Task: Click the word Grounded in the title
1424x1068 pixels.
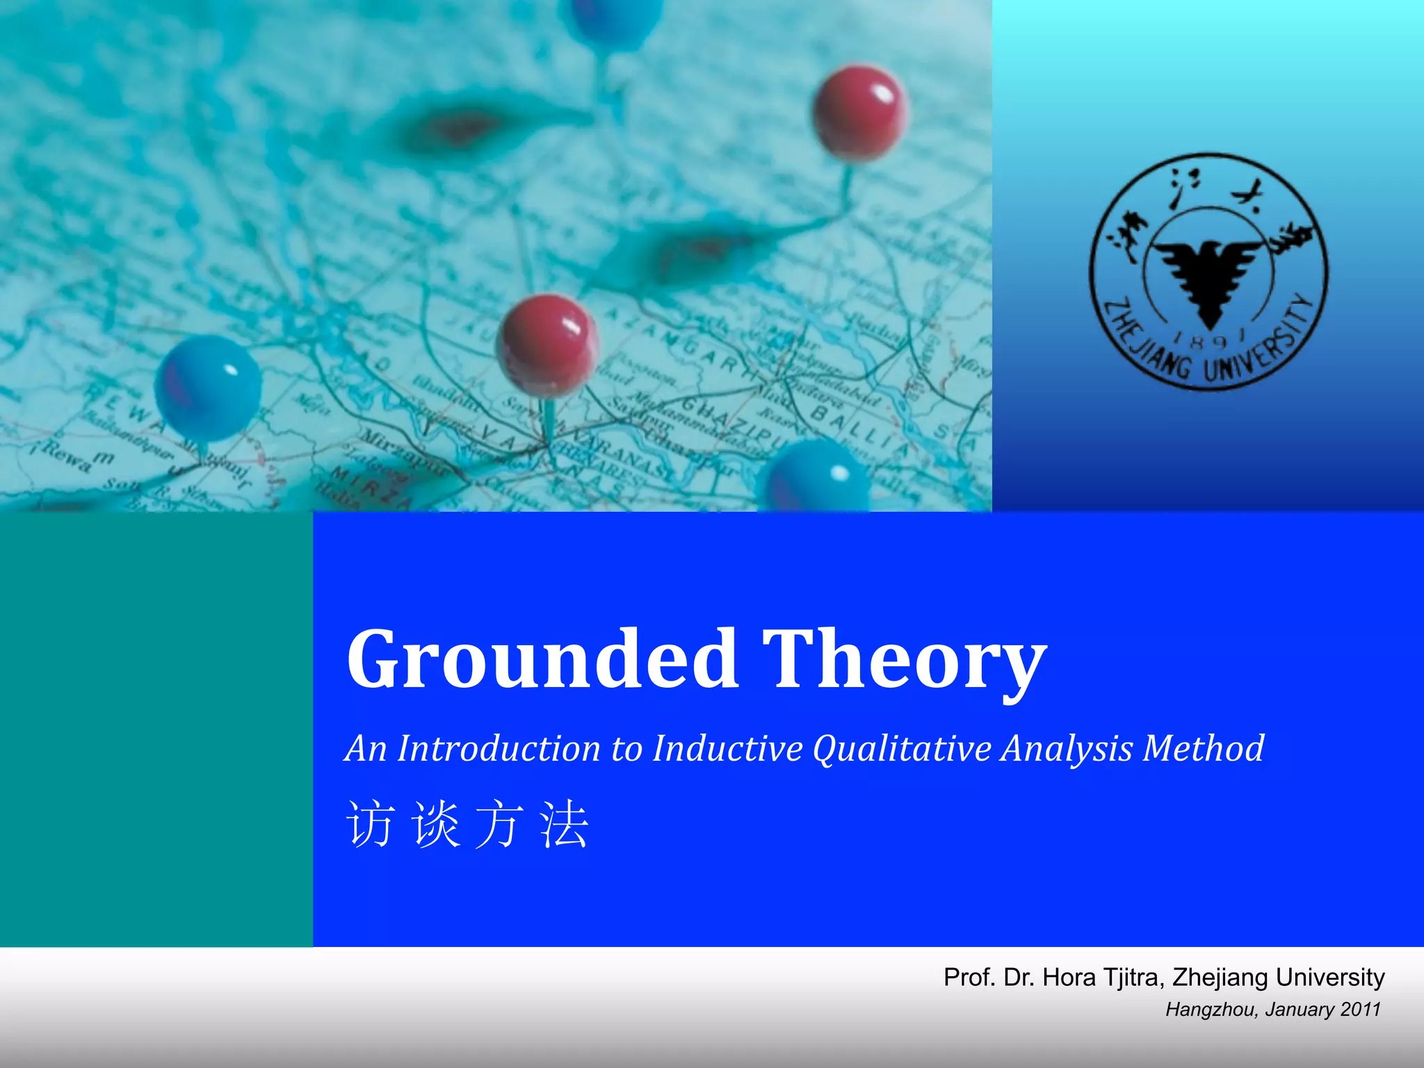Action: [x=542, y=658]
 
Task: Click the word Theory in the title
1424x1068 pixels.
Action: [x=904, y=658]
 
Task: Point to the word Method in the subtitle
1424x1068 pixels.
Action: [x=1204, y=749]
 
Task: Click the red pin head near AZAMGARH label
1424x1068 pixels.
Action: [x=547, y=342]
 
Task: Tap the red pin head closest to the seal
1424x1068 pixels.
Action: [x=859, y=113]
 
